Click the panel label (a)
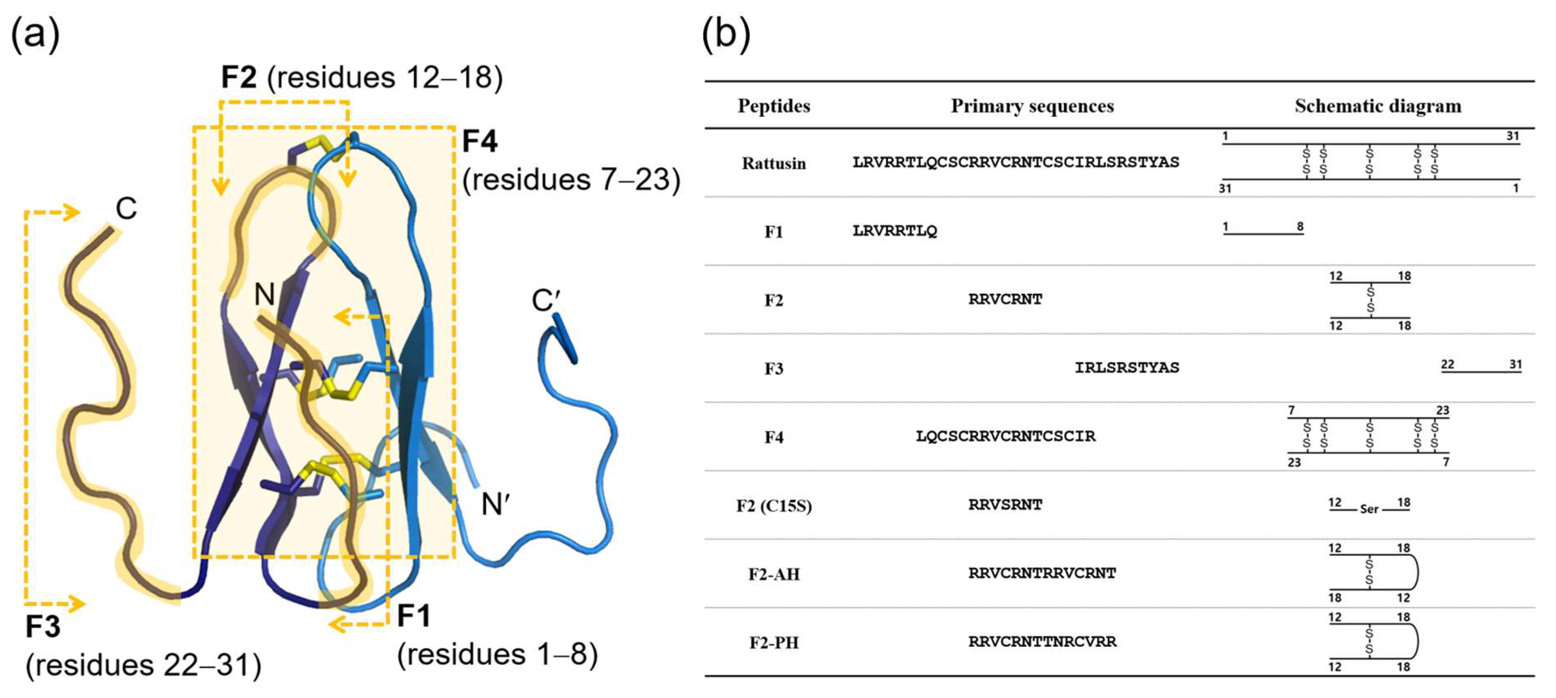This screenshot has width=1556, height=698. tap(36, 33)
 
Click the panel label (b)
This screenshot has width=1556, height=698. tap(726, 33)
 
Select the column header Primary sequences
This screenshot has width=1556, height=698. tap(1032, 106)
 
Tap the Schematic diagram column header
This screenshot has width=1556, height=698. tap(1378, 106)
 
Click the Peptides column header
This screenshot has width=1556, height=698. tap(774, 106)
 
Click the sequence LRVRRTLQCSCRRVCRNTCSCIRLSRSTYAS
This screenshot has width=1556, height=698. tap(1015, 162)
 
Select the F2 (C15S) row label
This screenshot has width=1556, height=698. tap(774, 505)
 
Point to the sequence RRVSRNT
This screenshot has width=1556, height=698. tap(1005, 505)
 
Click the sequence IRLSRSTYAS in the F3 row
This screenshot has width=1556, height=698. tap(1127, 368)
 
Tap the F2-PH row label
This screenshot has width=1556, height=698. tap(774, 643)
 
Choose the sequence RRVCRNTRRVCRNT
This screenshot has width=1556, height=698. tap(1042, 573)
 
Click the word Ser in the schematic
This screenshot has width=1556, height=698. tap(1369, 510)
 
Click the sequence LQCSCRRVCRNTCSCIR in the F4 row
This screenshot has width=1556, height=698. tap(1005, 436)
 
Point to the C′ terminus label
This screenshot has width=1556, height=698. tap(546, 300)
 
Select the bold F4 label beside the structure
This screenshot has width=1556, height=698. tap(479, 141)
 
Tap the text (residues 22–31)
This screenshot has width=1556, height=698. tap(143, 665)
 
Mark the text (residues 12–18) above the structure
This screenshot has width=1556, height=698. tap(385, 78)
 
